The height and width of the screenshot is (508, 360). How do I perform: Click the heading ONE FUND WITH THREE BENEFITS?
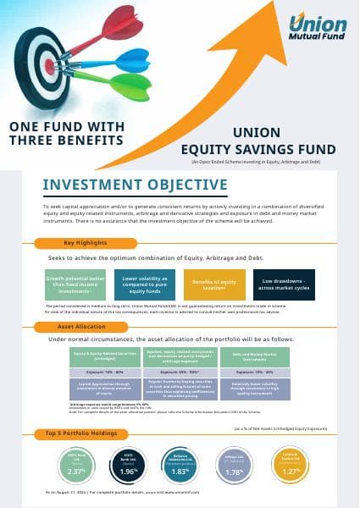click(67, 133)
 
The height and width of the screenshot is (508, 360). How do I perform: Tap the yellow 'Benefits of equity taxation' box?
click(214, 284)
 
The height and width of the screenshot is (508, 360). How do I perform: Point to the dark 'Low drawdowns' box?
click(285, 284)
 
